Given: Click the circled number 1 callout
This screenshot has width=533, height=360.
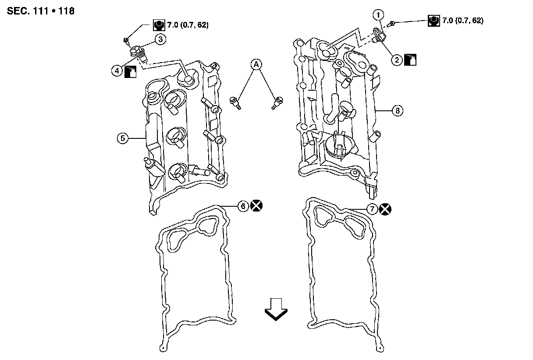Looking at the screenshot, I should (x=377, y=14).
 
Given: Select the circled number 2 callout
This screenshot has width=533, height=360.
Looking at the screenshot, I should (x=397, y=60).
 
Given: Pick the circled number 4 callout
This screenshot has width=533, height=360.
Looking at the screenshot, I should (x=117, y=70).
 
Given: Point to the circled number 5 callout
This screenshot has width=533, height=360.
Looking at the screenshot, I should (x=123, y=138).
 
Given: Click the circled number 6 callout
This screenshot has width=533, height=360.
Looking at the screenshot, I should (x=243, y=205).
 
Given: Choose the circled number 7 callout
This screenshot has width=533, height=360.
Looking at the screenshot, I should (x=371, y=209).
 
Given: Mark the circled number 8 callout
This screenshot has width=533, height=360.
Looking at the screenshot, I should (x=397, y=111).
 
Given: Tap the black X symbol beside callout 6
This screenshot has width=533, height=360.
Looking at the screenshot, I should (x=257, y=205).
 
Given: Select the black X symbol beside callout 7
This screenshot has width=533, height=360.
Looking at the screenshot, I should (x=385, y=209).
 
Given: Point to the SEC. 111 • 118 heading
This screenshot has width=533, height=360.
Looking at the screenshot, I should (x=41, y=11).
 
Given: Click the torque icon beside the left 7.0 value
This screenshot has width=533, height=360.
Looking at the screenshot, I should (x=158, y=25).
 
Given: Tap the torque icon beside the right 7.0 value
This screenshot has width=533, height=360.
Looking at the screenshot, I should (x=433, y=21).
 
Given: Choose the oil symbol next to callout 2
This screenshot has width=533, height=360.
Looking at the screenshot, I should (x=410, y=60).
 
